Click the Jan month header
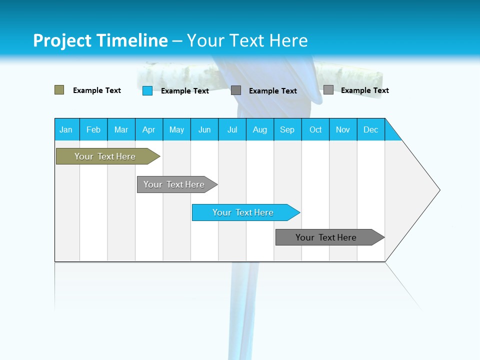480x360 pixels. [x=66, y=129]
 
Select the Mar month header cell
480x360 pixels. [x=121, y=129]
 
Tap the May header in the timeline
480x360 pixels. [x=176, y=129]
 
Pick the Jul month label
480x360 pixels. [x=232, y=129]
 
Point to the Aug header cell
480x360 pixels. [x=260, y=129]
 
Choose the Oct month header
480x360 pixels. [x=315, y=129]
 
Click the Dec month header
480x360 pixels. [x=371, y=129]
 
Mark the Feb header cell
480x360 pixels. [x=93, y=129]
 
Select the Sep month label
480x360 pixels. [x=287, y=129]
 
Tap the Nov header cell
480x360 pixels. [x=343, y=129]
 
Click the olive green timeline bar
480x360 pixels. [x=105, y=156]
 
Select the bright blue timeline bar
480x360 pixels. [x=243, y=212]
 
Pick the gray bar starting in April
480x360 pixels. [x=174, y=184]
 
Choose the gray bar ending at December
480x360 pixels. [x=326, y=237]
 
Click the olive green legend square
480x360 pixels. [x=59, y=90]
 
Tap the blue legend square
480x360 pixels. [x=147, y=90]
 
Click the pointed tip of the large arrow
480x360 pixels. [x=438, y=190]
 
